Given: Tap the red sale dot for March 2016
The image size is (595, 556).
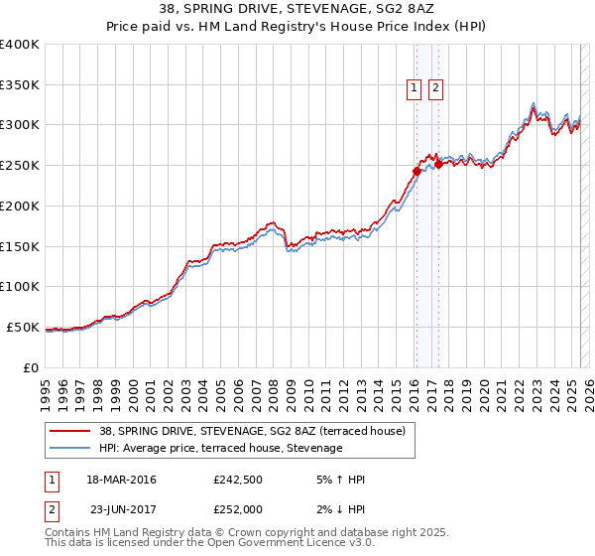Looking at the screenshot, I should pos(416,171).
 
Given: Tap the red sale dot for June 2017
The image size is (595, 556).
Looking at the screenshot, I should pos(438,164).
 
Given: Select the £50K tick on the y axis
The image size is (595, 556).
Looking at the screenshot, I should pos(23,327).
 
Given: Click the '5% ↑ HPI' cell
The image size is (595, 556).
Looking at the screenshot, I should pos(339,480).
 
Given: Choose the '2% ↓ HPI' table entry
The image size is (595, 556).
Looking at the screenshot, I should pos(339,509).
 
